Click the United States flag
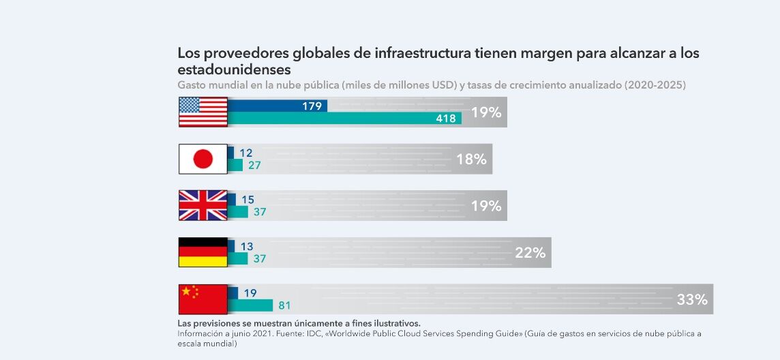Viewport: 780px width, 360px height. coord(202,112)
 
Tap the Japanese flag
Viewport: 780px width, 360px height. coord(202,159)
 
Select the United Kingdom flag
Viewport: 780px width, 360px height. coord(202,205)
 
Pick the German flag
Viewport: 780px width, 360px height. coord(202,252)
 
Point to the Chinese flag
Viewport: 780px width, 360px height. coord(202,299)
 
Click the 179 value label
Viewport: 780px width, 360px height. coord(312,106)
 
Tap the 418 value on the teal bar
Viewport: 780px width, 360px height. coord(446,119)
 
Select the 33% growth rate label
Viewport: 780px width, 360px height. coord(691,299)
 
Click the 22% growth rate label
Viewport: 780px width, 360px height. coord(530,253)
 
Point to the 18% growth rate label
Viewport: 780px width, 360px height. coord(471,160)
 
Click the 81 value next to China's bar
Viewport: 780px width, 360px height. coord(284,305)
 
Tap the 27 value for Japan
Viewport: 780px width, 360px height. coord(254,165)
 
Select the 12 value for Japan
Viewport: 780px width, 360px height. coord(245,153)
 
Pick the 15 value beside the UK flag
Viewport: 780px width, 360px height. coord(247,200)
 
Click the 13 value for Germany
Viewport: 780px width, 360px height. coord(246,246)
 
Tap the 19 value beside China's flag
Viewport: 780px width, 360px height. coord(250,293)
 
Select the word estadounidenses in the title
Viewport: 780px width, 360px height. coord(234,70)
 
